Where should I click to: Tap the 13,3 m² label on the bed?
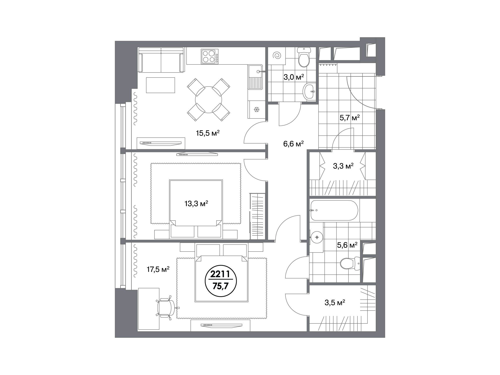[x=196, y=204]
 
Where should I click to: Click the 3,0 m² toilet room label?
[x=293, y=77]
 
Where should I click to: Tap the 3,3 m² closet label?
[x=343, y=166]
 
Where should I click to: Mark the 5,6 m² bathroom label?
[x=347, y=245]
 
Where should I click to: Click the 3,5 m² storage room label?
[x=335, y=303]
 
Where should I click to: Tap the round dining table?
[x=208, y=99]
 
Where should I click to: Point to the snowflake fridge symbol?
[x=256, y=109]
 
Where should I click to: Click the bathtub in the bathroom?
[x=334, y=210]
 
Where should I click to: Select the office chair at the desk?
[x=166, y=307]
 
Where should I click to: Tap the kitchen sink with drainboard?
[x=255, y=77]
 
